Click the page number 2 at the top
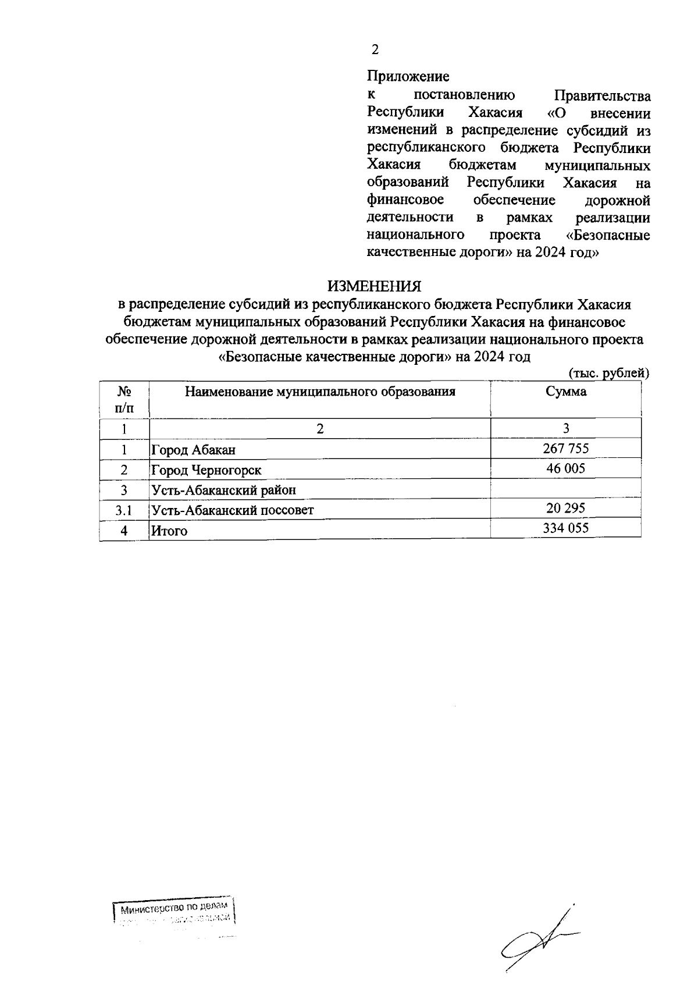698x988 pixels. (x=375, y=50)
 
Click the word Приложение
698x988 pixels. (x=408, y=76)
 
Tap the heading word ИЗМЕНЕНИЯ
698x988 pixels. (x=373, y=286)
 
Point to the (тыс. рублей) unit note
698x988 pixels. (x=608, y=373)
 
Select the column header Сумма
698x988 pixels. (x=565, y=392)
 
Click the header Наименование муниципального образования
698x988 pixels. (x=320, y=392)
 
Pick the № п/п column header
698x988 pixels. (x=124, y=399)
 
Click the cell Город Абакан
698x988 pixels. (x=193, y=450)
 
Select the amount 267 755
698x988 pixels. (x=565, y=448)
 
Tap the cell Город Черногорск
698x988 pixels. (x=206, y=470)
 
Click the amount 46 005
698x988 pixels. (x=565, y=468)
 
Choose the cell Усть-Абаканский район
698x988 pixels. (x=223, y=490)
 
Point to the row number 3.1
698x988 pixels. (x=124, y=510)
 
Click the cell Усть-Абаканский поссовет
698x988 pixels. (x=232, y=510)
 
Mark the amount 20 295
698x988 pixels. (x=565, y=508)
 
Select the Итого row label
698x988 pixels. (x=169, y=531)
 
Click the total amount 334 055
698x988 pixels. (x=565, y=528)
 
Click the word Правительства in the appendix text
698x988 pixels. (x=603, y=95)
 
